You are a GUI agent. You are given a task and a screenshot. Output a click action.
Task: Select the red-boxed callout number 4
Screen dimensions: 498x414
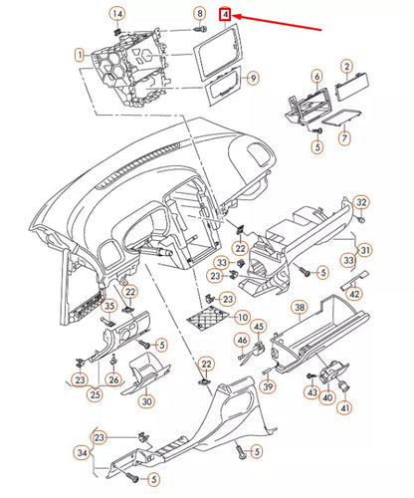tap(226, 15)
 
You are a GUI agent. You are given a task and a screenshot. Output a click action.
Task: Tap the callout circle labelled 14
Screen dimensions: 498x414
tap(117, 13)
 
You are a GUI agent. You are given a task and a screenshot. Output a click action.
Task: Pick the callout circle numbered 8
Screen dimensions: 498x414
tap(199, 13)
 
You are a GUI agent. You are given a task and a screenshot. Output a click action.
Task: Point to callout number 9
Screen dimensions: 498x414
tap(252, 78)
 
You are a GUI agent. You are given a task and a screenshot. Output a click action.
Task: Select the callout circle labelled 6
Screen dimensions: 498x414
tap(316, 76)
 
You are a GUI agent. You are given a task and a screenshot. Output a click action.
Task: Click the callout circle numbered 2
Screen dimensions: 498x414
tap(345, 67)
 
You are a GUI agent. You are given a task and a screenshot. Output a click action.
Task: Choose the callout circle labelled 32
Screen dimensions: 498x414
tap(361, 202)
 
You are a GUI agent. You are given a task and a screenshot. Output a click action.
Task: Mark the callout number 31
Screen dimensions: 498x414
tap(365, 249)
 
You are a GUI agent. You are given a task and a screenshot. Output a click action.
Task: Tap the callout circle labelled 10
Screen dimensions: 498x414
tap(242, 318)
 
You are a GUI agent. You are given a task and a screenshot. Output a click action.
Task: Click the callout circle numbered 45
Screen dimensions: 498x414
tap(258, 326)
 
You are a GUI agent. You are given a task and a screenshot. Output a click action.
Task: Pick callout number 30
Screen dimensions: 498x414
tap(146, 401)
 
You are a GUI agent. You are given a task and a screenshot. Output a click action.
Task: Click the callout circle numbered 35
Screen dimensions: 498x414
tap(110, 305)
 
